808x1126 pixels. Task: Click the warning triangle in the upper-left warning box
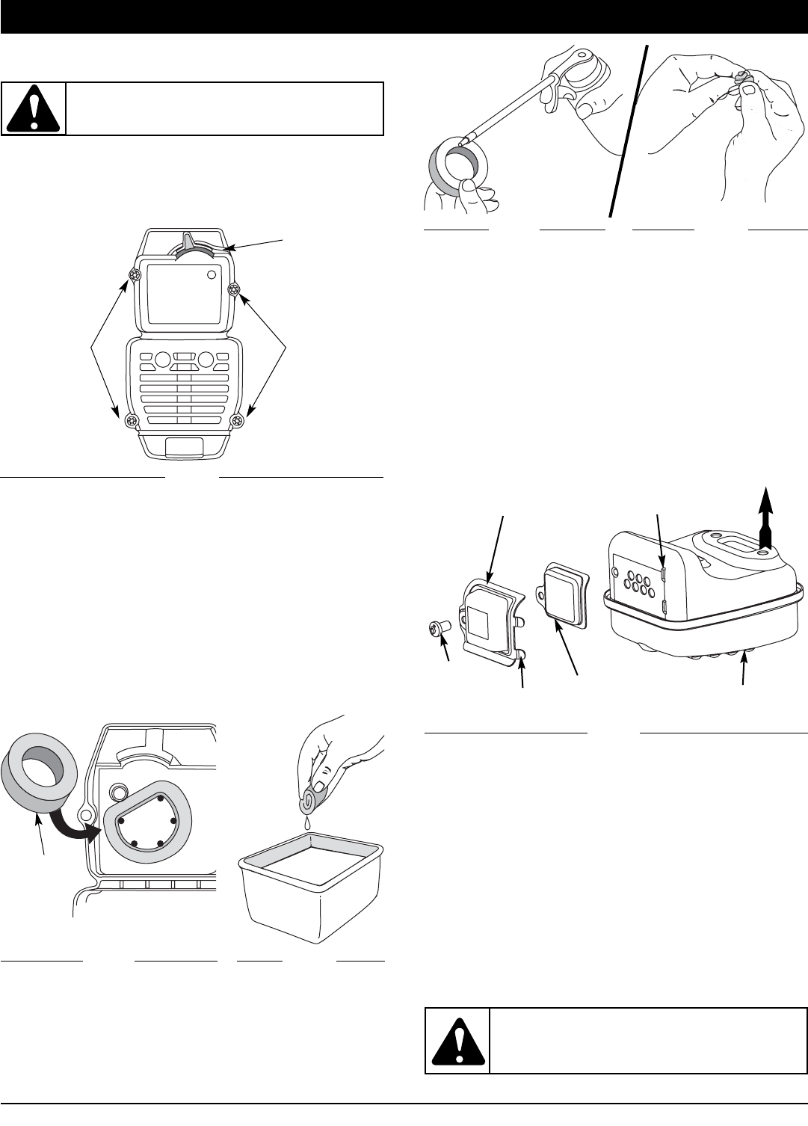click(34, 108)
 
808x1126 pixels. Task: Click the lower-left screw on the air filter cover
click(132, 421)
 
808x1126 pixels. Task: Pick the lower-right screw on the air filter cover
click(238, 421)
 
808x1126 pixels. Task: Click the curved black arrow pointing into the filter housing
click(86, 822)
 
